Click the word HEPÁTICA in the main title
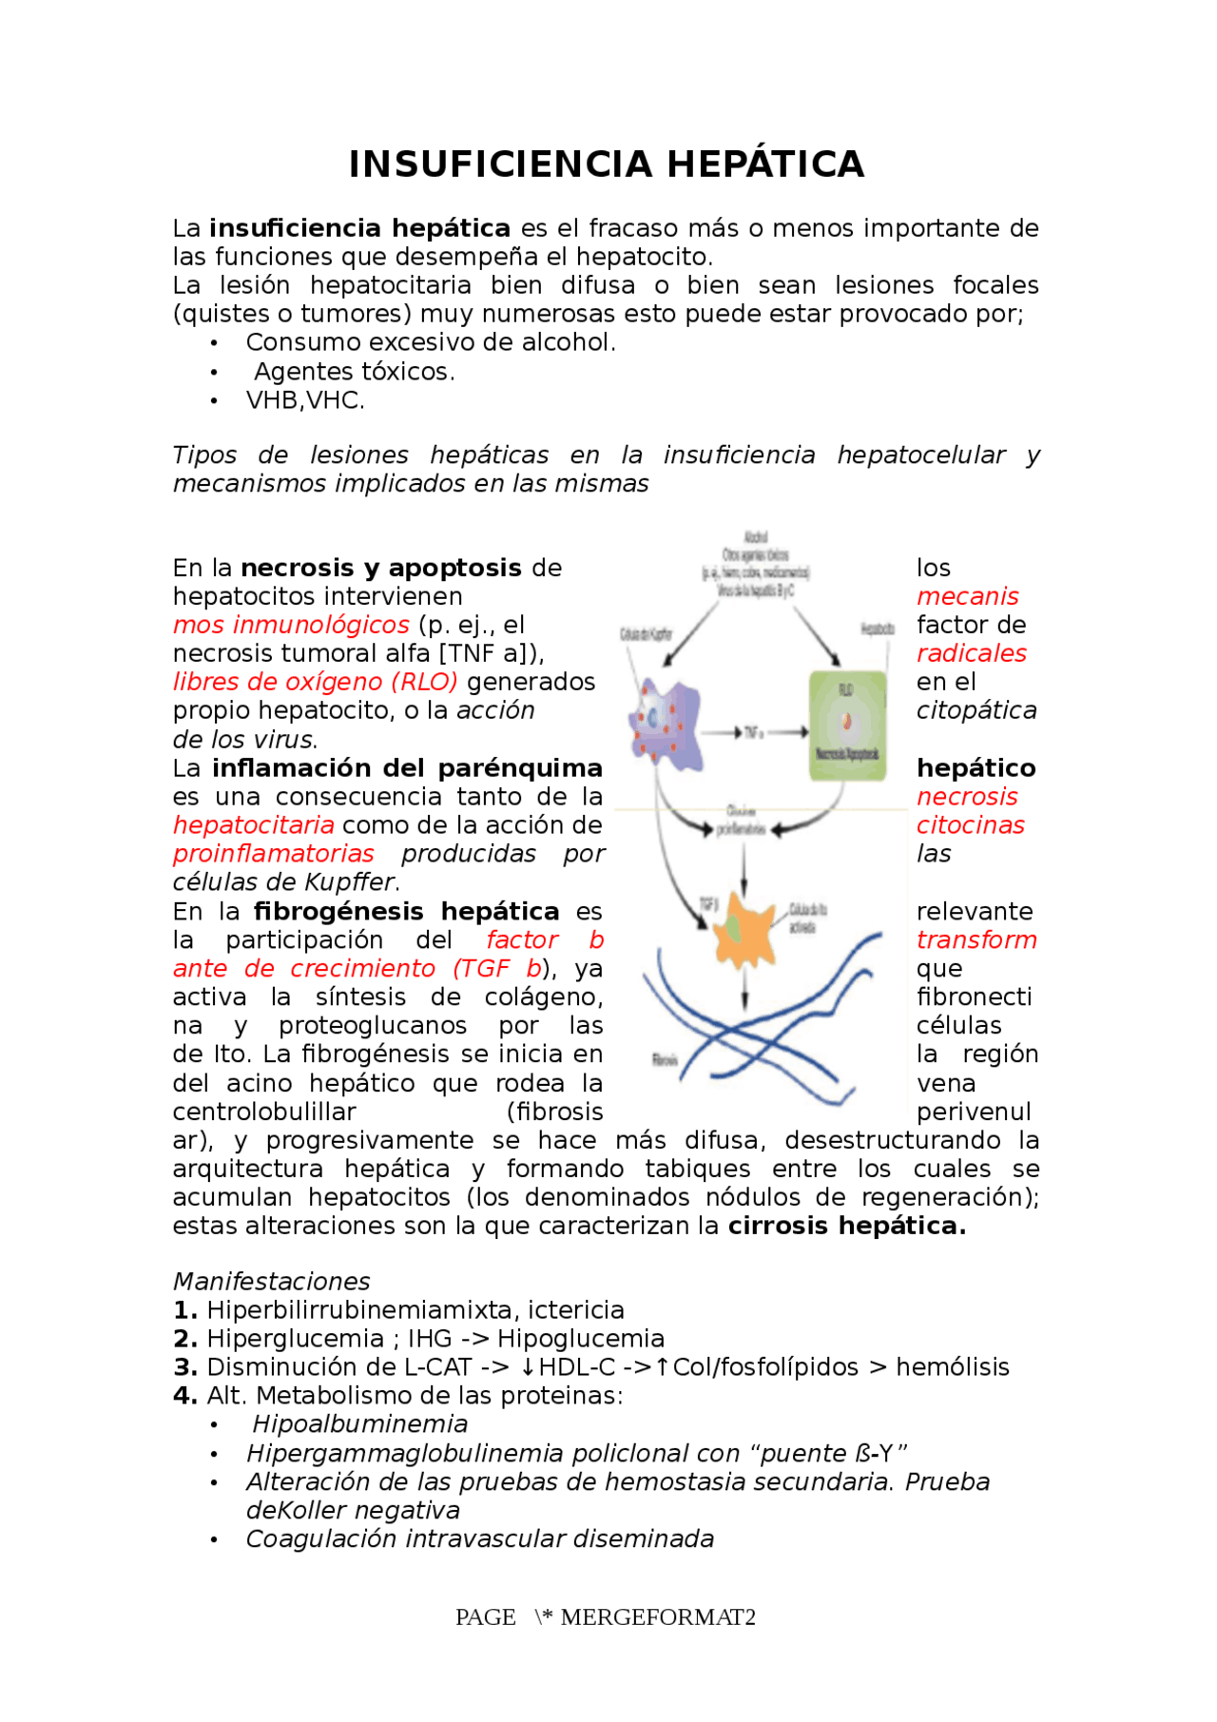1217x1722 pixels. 765,164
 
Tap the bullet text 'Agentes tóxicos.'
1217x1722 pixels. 354,372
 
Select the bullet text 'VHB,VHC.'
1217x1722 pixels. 305,400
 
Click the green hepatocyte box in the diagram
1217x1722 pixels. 846,725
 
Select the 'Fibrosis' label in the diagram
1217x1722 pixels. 665,1059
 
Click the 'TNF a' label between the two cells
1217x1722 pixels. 753,732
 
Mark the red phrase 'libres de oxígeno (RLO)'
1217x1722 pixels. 315,682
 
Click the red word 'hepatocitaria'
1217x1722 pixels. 253,825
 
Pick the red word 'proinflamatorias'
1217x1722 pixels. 274,854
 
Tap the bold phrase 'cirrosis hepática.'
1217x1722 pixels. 847,1226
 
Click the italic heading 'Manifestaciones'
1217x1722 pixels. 271,1282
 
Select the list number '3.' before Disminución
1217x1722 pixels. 184,1367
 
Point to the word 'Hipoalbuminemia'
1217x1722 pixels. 360,1424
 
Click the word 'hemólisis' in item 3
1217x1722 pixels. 953,1367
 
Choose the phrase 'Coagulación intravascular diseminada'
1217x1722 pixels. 480,1538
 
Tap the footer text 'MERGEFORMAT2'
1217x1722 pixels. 658,1617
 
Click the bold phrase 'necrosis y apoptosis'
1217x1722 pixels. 381,569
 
